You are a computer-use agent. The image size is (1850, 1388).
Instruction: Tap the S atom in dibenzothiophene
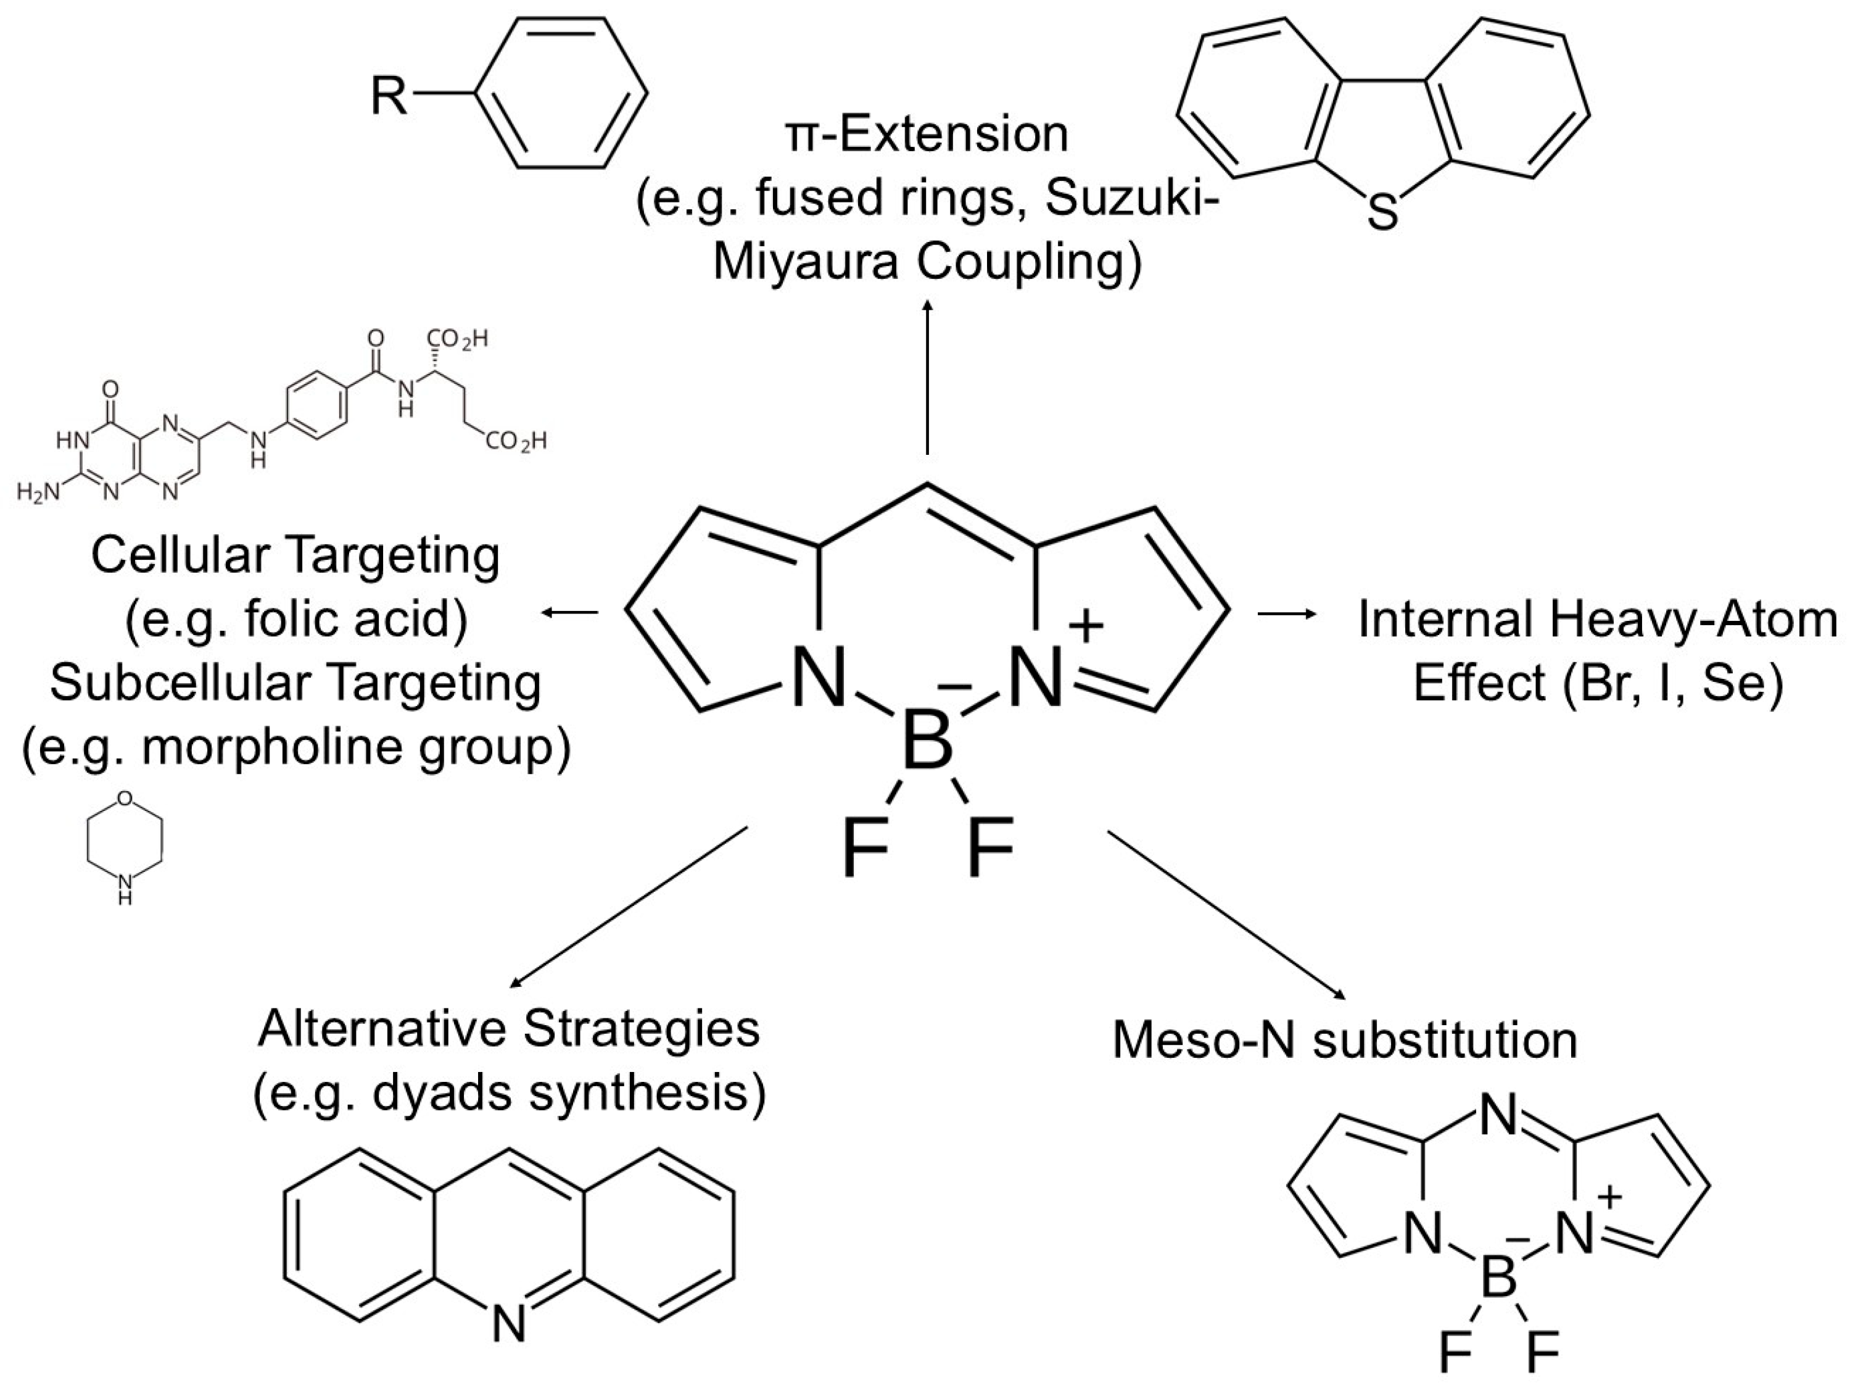[1382, 211]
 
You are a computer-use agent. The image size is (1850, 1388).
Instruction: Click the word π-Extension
[927, 134]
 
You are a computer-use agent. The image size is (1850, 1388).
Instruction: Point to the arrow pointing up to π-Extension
[927, 376]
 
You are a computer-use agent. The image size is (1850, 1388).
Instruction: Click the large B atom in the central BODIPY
[927, 741]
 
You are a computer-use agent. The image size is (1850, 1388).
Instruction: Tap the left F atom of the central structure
[865, 849]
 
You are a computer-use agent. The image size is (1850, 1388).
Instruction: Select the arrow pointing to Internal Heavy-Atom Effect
[1288, 614]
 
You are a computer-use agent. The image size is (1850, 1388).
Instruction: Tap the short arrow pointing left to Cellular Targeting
[569, 614]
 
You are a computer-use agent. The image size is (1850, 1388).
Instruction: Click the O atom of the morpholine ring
[125, 797]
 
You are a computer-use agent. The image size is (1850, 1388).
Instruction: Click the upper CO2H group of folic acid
[456, 339]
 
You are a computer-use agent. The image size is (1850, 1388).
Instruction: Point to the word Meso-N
[1192, 1040]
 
